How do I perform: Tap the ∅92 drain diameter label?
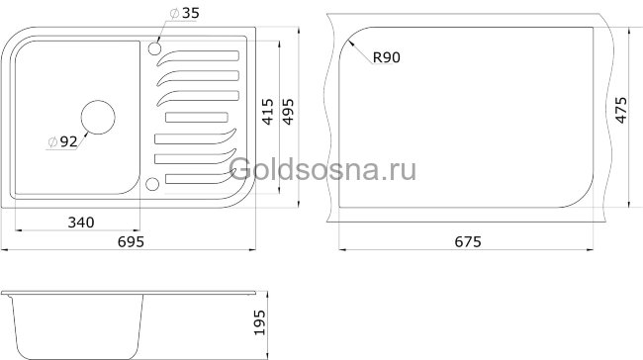[61, 141]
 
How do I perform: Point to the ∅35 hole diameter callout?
[184, 13]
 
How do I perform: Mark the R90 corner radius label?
[386, 59]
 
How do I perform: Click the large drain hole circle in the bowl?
[98, 117]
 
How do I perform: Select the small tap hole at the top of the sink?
[154, 46]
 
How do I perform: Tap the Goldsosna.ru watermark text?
[321, 170]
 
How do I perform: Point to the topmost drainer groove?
[198, 55]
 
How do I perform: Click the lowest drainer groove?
[198, 177]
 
